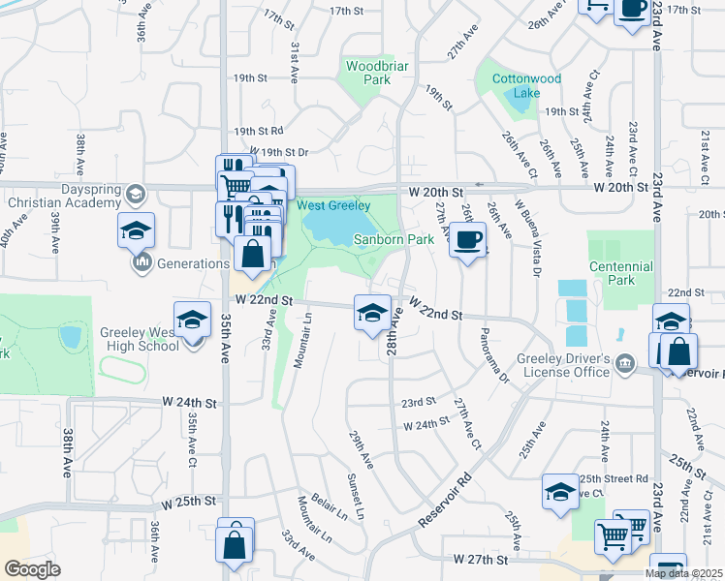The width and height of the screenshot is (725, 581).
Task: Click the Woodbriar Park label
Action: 368,73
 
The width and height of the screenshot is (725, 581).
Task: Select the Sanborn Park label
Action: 393,239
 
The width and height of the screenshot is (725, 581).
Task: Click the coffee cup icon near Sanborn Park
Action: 467,239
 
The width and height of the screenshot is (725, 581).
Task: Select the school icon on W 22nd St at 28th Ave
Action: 369,312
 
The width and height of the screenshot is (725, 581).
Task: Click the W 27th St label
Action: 481,560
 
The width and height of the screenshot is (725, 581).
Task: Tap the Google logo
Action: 32,569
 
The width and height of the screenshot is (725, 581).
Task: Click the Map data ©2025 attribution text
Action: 683,573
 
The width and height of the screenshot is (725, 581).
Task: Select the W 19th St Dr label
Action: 278,152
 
